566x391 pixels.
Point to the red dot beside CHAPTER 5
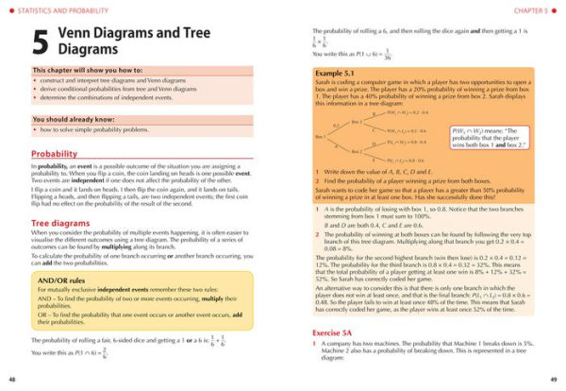tap(557, 9)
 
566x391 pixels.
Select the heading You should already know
tap(69, 120)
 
